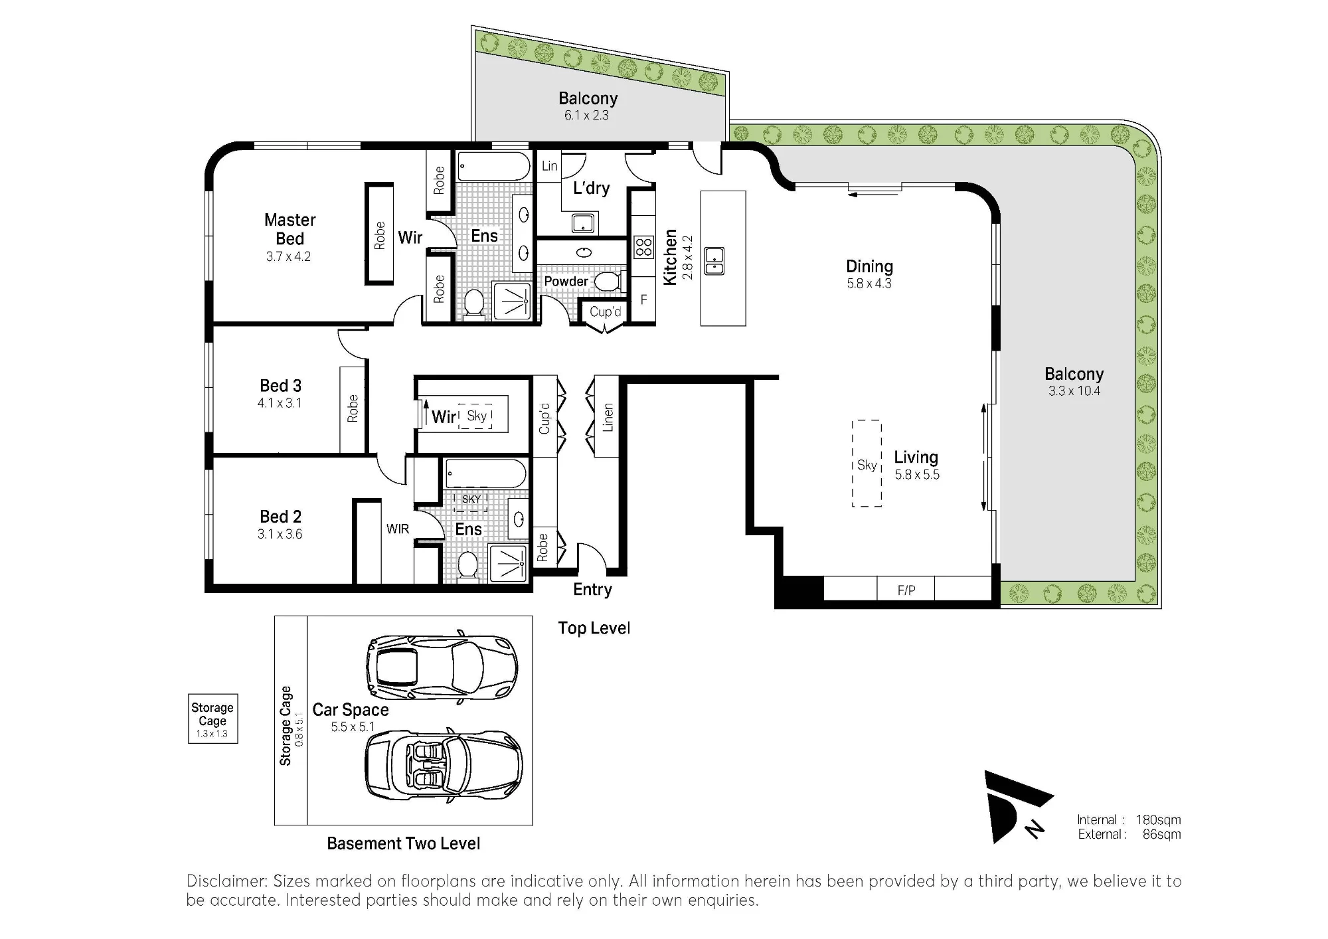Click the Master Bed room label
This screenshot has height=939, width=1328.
pyautogui.click(x=290, y=229)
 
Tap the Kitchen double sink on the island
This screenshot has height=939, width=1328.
pyautogui.click(x=714, y=260)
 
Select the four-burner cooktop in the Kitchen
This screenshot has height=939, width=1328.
pyautogui.click(x=643, y=248)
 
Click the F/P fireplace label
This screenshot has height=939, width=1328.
pyautogui.click(x=906, y=590)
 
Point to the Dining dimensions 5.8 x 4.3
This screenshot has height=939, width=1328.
pyautogui.click(x=869, y=284)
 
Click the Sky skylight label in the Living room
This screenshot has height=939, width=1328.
pyautogui.click(x=867, y=465)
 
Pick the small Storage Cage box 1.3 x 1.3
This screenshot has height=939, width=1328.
pyautogui.click(x=212, y=719)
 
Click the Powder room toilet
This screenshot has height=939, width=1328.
pyautogui.click(x=608, y=282)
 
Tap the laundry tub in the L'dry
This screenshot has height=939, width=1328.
pyautogui.click(x=583, y=222)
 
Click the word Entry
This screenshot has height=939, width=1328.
pyautogui.click(x=593, y=590)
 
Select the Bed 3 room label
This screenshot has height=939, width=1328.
pyautogui.click(x=280, y=386)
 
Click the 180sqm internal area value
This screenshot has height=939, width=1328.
pyautogui.click(x=1158, y=820)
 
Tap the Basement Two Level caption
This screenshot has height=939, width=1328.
pyautogui.click(x=404, y=843)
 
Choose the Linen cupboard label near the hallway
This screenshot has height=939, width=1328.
pyautogui.click(x=608, y=418)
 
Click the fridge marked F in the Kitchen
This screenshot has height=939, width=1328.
pyautogui.click(x=643, y=300)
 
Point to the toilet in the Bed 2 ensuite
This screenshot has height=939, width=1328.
pyautogui.click(x=468, y=568)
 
